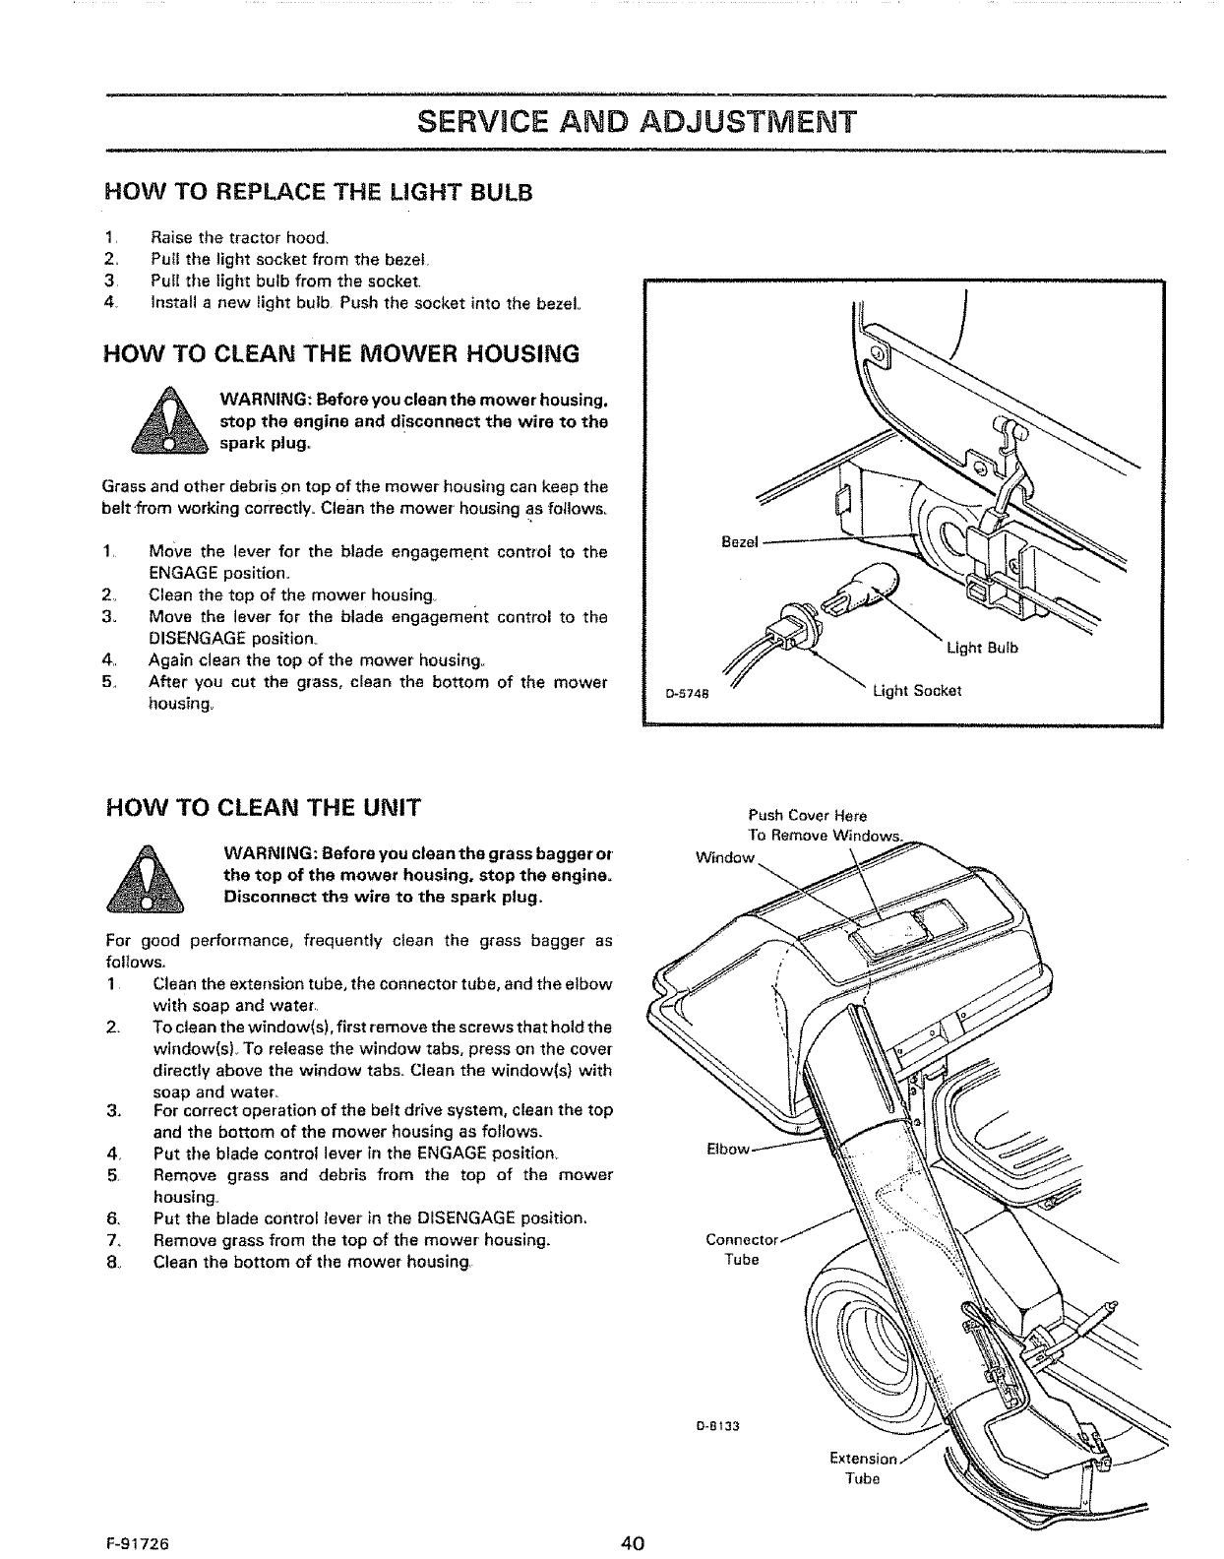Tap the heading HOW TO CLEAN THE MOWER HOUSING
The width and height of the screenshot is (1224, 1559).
pos(341,353)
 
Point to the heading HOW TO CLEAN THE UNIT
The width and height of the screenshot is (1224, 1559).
pos(264,809)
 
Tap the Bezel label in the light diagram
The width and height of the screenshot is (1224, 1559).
pos(738,542)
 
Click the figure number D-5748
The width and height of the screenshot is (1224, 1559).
pos(681,692)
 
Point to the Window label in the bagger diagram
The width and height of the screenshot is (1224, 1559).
pos(723,857)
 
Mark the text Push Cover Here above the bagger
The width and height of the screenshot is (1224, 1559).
pos(807,815)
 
